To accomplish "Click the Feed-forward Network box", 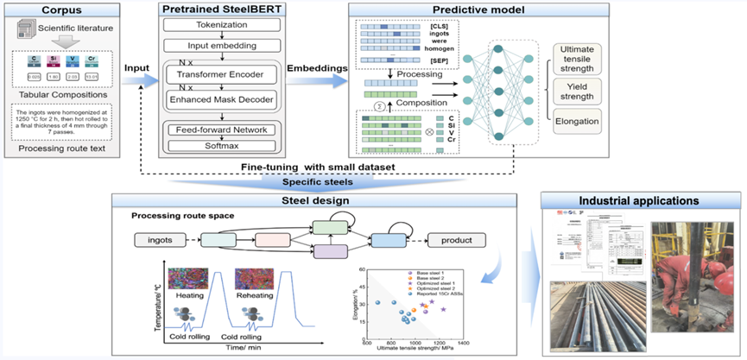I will [x=223, y=129].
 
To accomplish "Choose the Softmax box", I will [x=223, y=144].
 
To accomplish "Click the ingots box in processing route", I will [x=161, y=238].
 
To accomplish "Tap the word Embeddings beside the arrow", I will [x=317, y=65].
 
